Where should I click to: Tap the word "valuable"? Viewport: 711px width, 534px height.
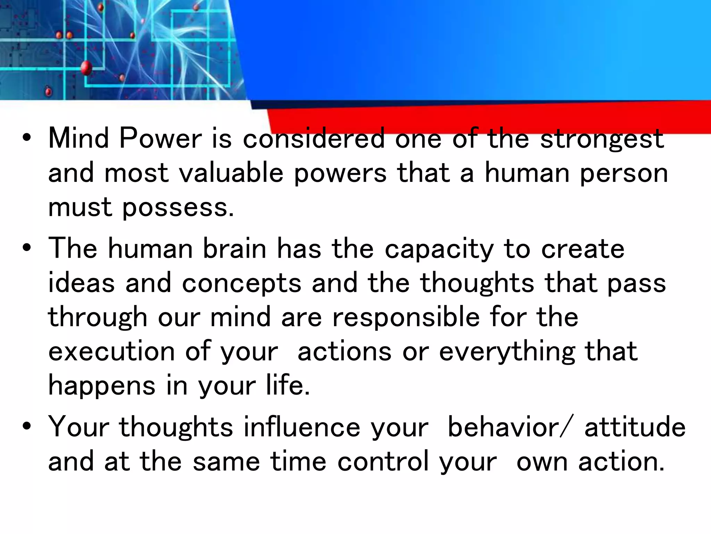pos(231,173)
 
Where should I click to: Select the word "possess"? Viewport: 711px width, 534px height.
pos(175,208)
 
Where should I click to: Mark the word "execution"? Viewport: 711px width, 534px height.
pos(111,351)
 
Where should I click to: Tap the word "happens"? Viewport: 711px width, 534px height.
pos(102,386)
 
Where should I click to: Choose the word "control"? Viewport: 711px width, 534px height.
pos(383,461)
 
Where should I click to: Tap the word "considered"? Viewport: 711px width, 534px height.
pos(314,138)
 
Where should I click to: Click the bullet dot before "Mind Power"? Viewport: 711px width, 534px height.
pos(26,138)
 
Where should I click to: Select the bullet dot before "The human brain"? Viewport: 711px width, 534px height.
pos(26,248)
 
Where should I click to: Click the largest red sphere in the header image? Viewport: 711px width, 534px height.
pos(86,68)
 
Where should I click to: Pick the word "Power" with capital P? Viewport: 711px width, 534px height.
pos(160,138)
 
